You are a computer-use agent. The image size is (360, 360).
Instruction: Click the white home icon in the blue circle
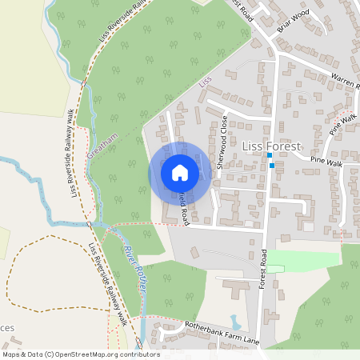coord(180,172)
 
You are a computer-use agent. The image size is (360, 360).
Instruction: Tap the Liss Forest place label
coord(270,147)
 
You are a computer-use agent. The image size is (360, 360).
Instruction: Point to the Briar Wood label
coord(294,17)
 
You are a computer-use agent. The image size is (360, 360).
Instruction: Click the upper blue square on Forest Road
coord(270,155)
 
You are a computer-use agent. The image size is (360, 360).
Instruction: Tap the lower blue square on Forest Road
coord(273,166)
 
